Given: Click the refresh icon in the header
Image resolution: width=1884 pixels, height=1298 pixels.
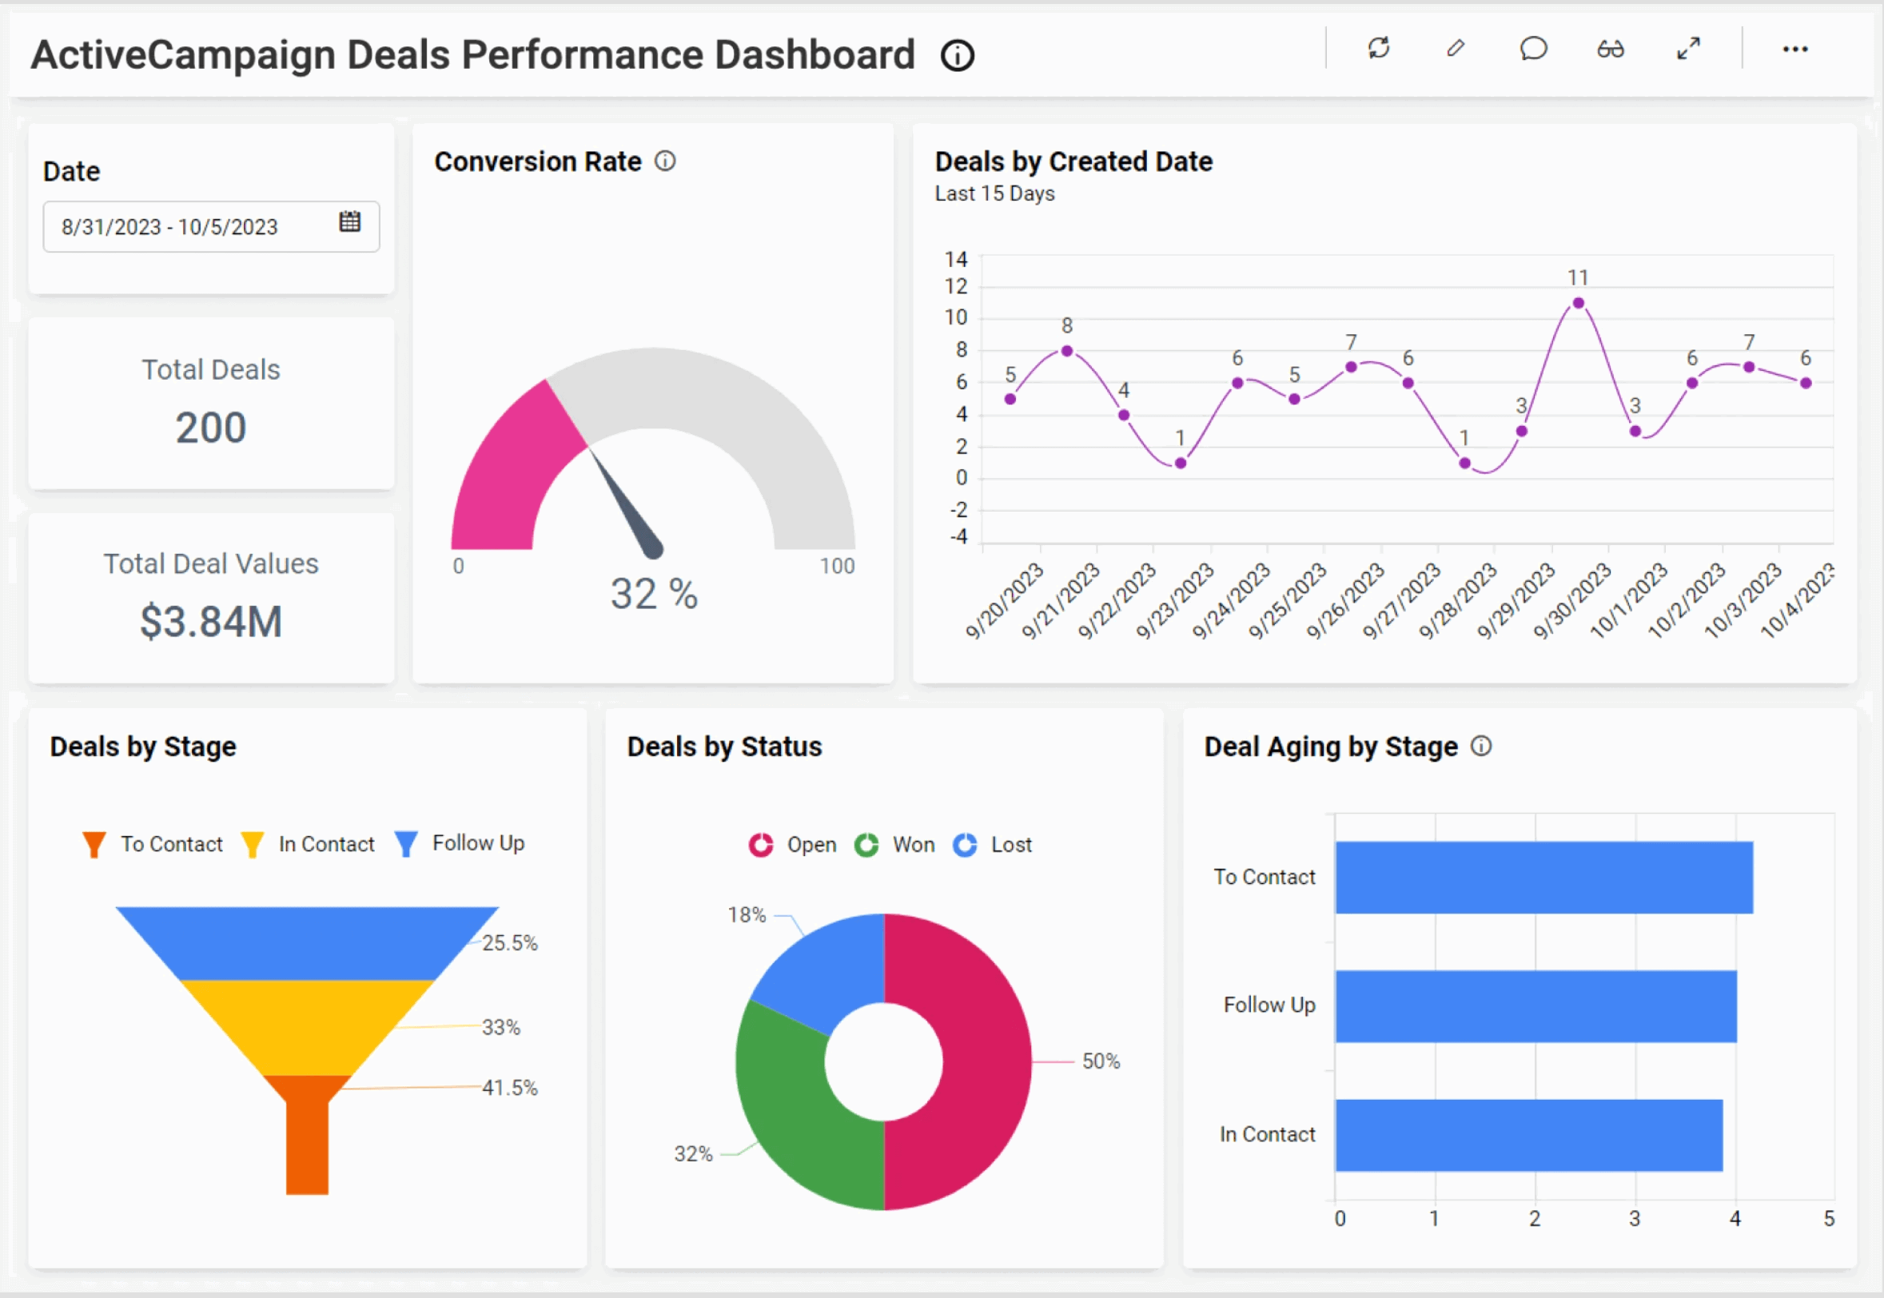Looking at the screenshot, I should point(1378,49).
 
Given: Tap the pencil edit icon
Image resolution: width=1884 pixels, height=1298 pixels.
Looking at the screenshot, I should point(1456,49).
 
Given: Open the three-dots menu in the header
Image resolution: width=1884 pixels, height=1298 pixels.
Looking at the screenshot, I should point(1794,50).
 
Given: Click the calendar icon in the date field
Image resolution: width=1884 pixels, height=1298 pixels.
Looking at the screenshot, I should point(349,222).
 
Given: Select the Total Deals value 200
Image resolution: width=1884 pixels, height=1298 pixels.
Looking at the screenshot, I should point(210,428).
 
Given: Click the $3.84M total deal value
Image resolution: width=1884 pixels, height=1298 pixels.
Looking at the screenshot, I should point(210,622).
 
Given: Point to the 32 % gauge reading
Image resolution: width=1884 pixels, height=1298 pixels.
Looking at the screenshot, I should point(654,594).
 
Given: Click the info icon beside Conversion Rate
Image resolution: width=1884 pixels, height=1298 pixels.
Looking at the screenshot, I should point(665,161).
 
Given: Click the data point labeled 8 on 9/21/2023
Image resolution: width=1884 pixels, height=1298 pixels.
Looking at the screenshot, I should point(1067,352).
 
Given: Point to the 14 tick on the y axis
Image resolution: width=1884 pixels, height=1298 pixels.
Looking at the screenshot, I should point(955,260).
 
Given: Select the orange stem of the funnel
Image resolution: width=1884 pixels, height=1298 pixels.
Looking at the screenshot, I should point(308,1147).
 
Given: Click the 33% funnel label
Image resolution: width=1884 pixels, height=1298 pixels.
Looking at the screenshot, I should point(500,1027).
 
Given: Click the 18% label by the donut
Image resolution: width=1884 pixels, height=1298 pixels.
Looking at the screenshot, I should point(747,915).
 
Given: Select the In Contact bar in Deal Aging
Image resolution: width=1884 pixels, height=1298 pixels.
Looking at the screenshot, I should point(1528,1135).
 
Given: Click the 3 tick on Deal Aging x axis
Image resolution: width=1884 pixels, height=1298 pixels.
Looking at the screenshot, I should point(1635,1218).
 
